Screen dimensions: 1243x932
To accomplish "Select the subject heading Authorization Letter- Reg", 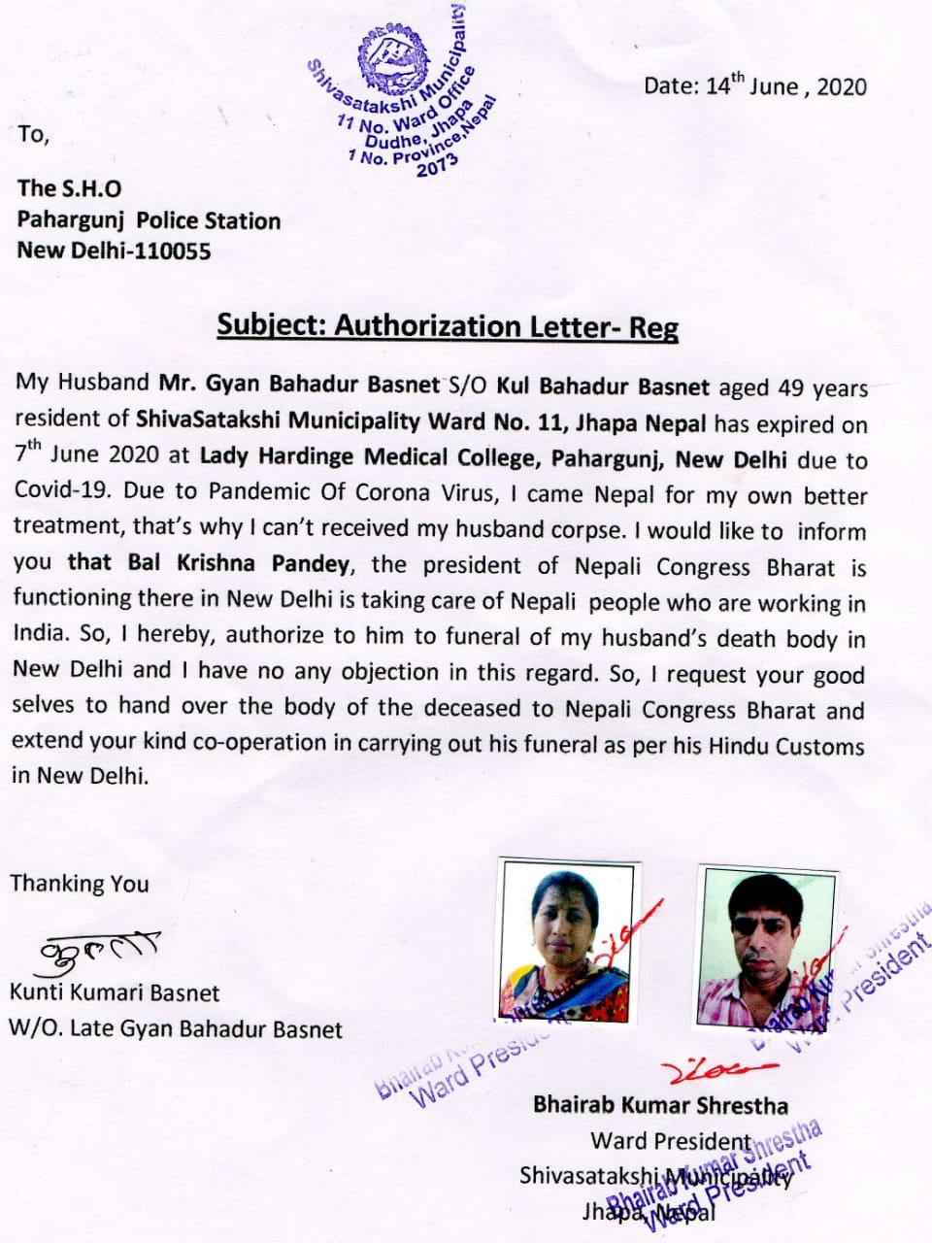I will pos(447,325).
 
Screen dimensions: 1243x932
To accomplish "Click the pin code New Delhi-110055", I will pos(114,251).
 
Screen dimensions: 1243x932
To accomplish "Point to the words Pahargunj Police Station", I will pos(149,220).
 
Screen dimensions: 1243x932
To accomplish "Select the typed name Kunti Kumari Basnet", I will pos(115,992).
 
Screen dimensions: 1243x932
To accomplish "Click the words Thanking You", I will pos(80,884).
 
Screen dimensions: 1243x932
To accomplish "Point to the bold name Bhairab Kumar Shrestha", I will pos(660,1105).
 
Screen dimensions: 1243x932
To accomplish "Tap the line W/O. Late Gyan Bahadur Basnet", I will pos(176,1027).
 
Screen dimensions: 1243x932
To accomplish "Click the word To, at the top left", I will pos(32,135).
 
